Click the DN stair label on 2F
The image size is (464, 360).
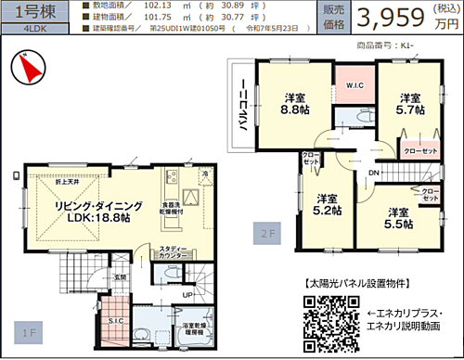tap(371, 174)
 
